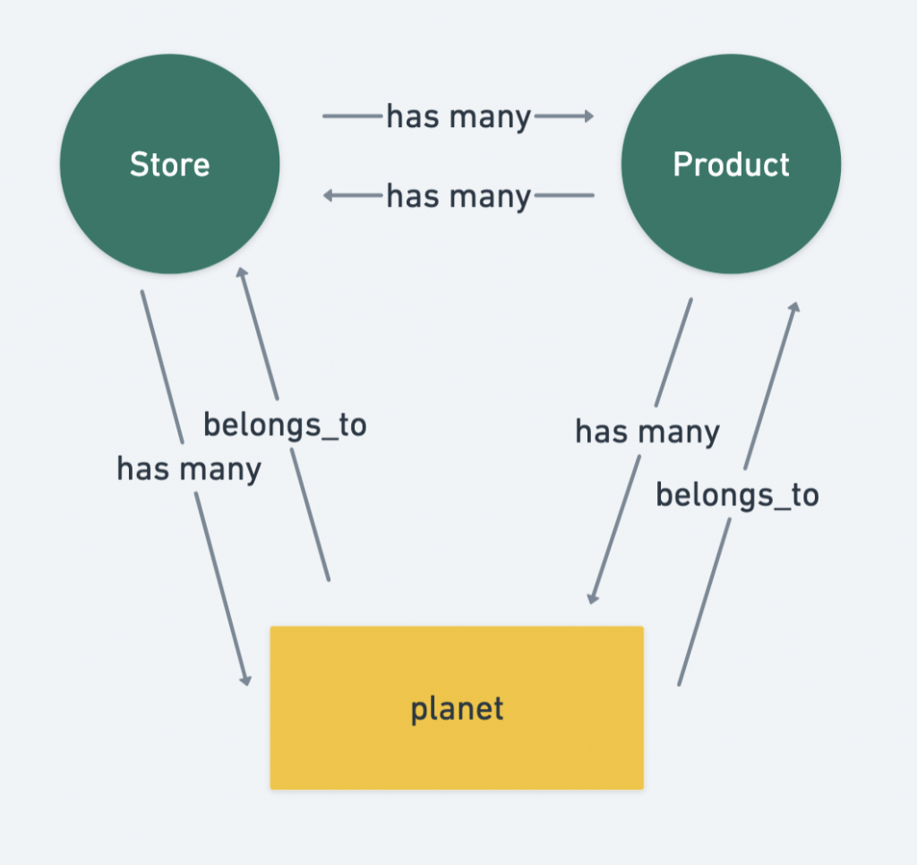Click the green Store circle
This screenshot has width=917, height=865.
(x=170, y=164)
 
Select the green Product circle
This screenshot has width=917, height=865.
(x=731, y=164)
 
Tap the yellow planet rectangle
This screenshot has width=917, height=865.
(x=457, y=707)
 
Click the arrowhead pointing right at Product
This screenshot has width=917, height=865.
(x=588, y=116)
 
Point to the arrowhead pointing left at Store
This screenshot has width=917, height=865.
(x=329, y=194)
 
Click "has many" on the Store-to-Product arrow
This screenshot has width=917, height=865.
(x=458, y=116)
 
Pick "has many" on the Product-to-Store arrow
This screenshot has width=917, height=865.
(x=458, y=195)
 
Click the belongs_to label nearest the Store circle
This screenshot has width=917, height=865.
(x=285, y=424)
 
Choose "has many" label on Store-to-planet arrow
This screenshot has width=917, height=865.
(x=189, y=467)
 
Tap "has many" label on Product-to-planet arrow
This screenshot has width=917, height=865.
(x=647, y=432)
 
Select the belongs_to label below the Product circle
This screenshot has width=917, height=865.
(x=737, y=494)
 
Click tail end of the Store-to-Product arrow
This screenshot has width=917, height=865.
(x=324, y=116)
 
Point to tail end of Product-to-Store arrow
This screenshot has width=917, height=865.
(x=593, y=194)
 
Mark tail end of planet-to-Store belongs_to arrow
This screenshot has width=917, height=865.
(x=329, y=579)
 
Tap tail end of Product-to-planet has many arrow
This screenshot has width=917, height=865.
(x=690, y=300)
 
